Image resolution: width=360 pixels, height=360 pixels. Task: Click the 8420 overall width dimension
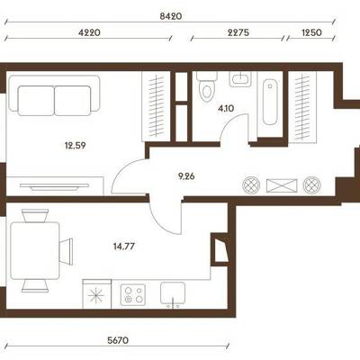[171, 16]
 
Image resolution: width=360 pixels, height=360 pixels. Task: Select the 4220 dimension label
[89, 32]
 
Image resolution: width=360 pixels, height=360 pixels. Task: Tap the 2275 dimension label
[238, 32]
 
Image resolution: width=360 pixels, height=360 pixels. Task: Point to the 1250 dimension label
[310, 32]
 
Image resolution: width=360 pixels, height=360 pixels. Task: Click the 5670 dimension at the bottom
[118, 340]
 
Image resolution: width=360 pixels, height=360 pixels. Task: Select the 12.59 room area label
[76, 146]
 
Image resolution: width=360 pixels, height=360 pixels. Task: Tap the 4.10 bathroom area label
[226, 108]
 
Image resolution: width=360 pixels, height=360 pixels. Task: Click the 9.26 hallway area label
[186, 176]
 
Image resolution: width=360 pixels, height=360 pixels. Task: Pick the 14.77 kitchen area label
[124, 247]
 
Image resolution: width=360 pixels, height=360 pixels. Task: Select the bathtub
[270, 102]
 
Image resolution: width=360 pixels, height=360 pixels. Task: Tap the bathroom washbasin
[240, 79]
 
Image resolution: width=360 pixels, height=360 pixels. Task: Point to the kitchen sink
[173, 293]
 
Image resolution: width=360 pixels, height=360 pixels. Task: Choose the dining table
[35, 251]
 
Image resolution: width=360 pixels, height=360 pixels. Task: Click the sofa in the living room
[54, 95]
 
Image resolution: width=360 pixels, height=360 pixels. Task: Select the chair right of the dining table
[67, 251]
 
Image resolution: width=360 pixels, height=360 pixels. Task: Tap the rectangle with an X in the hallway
[282, 185]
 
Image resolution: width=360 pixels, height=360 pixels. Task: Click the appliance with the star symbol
[96, 294]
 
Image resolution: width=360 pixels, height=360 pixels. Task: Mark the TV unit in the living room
[55, 186]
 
